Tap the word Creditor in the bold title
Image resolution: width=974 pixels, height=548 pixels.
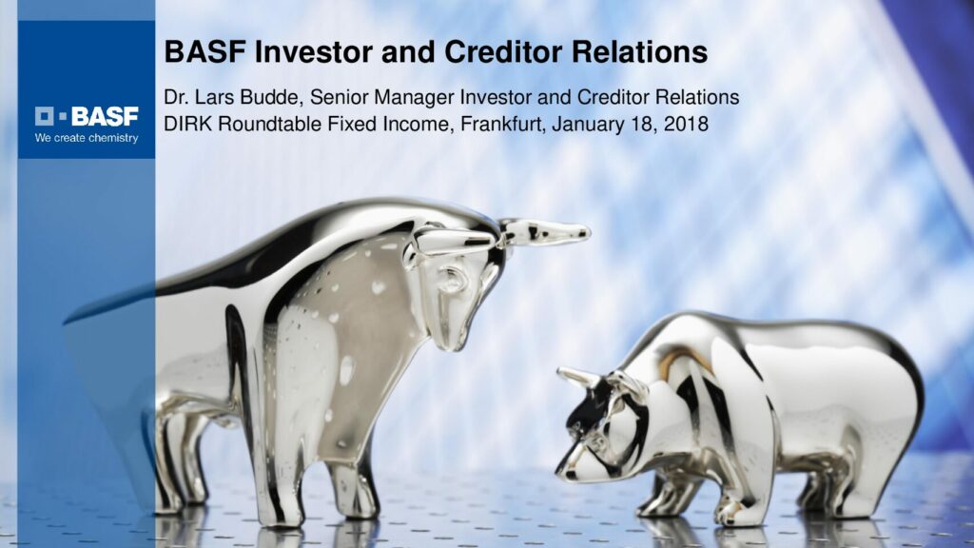(x=502, y=51)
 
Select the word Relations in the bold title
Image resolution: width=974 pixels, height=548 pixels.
(x=639, y=51)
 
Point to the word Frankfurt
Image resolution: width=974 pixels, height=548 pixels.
(x=502, y=125)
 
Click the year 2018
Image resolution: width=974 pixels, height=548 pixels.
(x=686, y=125)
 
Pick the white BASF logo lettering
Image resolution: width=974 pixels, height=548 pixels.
(x=105, y=116)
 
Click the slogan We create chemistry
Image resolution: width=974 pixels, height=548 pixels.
(x=87, y=138)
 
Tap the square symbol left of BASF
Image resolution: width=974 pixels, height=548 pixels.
(x=44, y=116)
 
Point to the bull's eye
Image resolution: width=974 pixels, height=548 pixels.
(x=452, y=279)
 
